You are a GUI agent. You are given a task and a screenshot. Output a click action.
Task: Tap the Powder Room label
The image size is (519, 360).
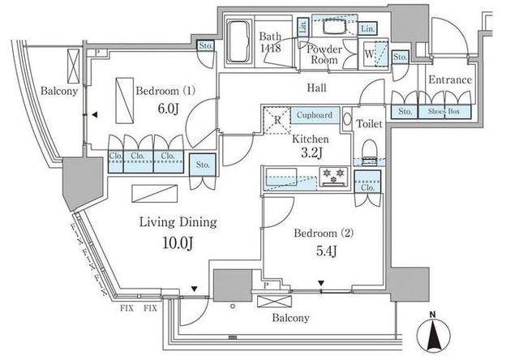click(x=323, y=54)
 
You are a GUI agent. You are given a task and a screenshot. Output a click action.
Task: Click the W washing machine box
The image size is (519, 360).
click(x=370, y=55)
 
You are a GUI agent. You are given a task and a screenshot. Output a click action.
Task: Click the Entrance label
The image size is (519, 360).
click(x=449, y=79)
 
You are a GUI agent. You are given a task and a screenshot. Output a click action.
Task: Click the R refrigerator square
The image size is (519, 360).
click(x=278, y=122)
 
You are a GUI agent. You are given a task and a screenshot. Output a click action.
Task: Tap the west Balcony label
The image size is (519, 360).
click(x=59, y=92)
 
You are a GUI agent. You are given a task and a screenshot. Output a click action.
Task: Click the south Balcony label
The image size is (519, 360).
click(x=290, y=318)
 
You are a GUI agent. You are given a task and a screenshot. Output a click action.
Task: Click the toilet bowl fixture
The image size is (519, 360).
click(x=369, y=150)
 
